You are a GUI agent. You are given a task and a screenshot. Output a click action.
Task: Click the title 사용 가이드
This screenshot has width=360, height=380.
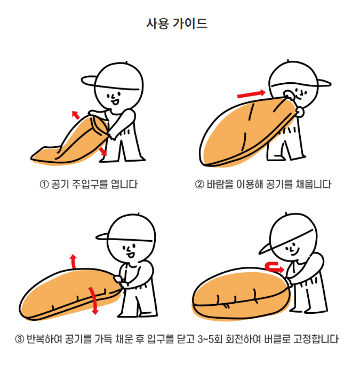pyautogui.click(x=177, y=23)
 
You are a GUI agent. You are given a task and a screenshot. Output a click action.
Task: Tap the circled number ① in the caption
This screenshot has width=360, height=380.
pyautogui.click(x=44, y=185)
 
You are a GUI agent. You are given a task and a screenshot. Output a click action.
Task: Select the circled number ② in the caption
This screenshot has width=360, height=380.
pyautogui.click(x=199, y=185)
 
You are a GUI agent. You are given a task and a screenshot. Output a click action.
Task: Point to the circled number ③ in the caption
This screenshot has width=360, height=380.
pyautogui.click(x=19, y=339)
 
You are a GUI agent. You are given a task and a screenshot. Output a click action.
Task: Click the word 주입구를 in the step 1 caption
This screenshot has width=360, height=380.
pyautogui.click(x=90, y=185)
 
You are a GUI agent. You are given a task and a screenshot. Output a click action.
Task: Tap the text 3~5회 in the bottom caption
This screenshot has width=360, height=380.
pyautogui.click(x=210, y=339)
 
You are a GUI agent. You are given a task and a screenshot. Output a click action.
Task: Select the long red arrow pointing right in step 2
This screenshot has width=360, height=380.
pyautogui.click(x=251, y=94)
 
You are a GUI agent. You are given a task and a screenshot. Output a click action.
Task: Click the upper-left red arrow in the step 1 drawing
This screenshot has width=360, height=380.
pyautogui.click(x=76, y=115)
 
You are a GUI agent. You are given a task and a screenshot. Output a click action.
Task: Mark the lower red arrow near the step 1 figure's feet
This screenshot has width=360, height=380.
pyautogui.click(x=102, y=151)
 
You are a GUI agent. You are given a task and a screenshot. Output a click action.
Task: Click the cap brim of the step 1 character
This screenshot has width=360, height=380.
pyautogui.click(x=89, y=81)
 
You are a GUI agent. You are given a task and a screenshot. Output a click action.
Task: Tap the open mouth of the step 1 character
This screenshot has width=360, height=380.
pyautogui.click(x=115, y=102)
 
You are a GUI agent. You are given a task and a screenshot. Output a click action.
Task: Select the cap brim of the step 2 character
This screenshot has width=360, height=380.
pyautogui.click(x=324, y=83)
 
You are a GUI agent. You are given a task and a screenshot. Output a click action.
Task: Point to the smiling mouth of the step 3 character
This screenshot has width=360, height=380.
pyautogui.click(x=131, y=255)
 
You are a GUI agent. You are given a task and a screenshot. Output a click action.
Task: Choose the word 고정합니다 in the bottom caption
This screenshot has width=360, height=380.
pyautogui.click(x=316, y=339)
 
